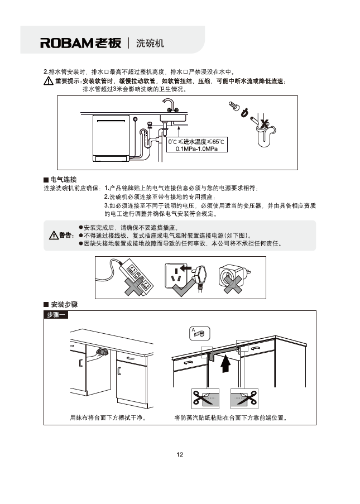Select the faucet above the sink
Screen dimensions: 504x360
coord(169,104)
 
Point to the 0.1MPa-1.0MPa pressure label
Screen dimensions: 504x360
coord(196,149)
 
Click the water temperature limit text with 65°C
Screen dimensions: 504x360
coord(196,142)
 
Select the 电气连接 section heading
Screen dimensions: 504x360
coord(60,179)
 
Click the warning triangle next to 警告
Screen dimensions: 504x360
coord(54,235)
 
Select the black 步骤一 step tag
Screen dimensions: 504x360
coord(55,316)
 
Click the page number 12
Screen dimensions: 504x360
coord(180,454)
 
